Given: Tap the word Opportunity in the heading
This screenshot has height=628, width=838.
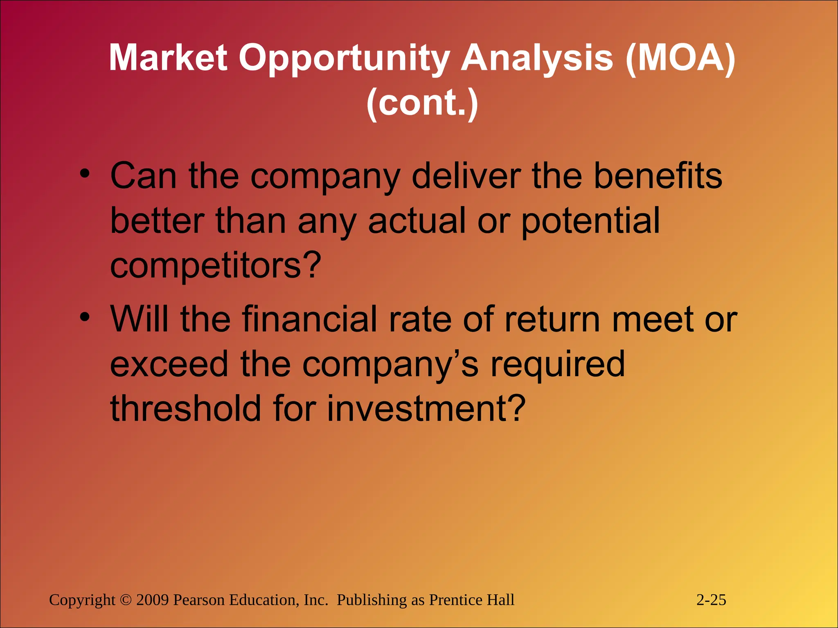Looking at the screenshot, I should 344,58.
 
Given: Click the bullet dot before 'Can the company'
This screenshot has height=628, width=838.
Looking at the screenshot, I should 84,174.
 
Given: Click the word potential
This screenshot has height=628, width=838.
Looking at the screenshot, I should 590,221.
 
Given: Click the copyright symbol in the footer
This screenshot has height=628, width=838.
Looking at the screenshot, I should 126,600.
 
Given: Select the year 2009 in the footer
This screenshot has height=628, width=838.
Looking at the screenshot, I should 153,600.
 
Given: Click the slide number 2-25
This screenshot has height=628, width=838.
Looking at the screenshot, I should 711,600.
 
